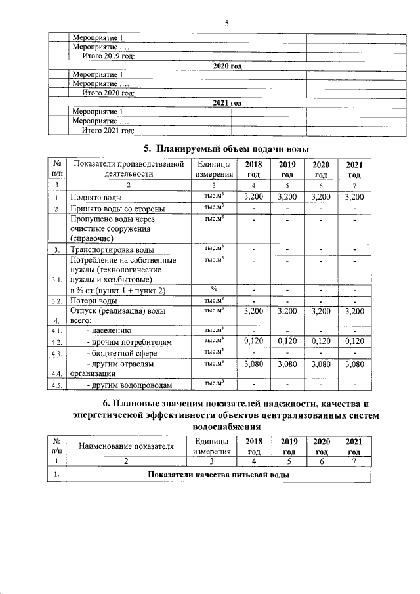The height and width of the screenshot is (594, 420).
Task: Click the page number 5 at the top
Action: (x=226, y=24)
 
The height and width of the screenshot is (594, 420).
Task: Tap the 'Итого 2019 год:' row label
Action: (x=108, y=57)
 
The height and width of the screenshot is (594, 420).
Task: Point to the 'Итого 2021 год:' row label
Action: (x=108, y=131)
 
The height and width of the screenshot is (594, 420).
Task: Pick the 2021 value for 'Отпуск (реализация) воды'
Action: (x=354, y=311)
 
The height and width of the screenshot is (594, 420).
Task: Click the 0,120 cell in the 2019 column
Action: (x=287, y=342)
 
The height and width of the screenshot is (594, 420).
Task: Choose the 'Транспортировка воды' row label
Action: (x=112, y=250)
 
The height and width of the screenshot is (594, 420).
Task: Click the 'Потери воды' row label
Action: (x=94, y=301)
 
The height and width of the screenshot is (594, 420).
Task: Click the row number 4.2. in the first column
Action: (x=57, y=343)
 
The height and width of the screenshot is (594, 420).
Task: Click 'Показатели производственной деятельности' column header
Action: (x=128, y=169)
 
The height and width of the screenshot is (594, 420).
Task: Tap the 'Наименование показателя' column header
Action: (x=127, y=446)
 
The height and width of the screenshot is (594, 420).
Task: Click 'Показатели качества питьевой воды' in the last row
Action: (x=219, y=475)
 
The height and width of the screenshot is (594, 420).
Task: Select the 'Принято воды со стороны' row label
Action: (x=117, y=209)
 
